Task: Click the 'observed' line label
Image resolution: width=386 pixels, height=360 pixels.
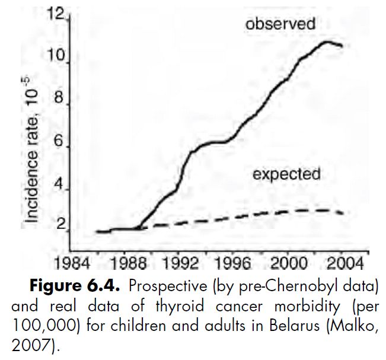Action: click(x=280, y=24)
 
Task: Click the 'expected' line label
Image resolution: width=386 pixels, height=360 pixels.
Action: click(x=286, y=174)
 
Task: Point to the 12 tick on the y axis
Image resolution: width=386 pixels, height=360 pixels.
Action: click(x=58, y=15)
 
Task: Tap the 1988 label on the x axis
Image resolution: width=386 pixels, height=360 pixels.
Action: click(x=127, y=262)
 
